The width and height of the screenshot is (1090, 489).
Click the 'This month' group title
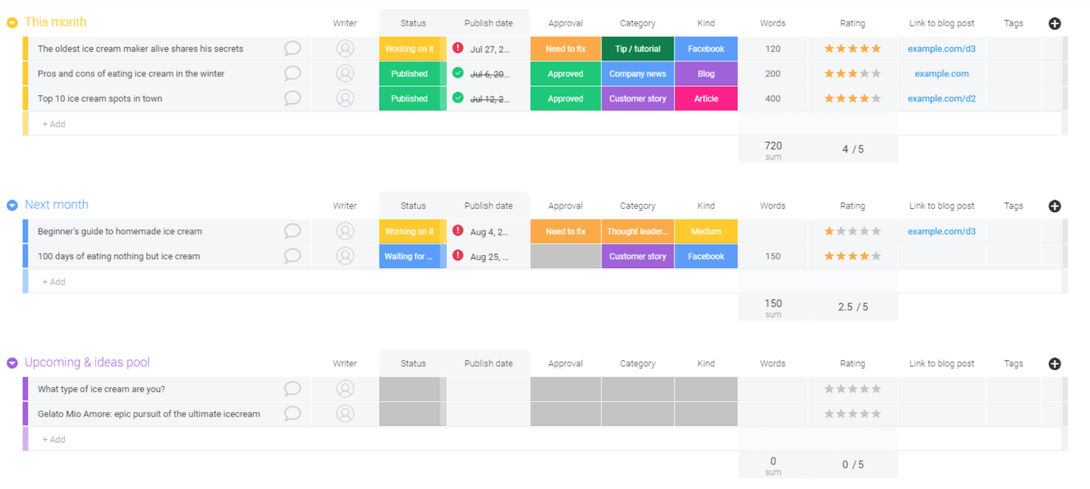click(55, 22)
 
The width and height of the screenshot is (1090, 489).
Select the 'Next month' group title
click(57, 205)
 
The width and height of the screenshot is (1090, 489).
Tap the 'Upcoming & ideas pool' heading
click(87, 362)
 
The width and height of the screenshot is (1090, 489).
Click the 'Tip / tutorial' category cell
click(638, 49)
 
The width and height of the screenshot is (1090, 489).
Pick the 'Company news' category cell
click(638, 74)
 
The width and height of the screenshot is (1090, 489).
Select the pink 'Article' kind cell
click(706, 98)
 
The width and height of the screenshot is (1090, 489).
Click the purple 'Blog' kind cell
click(706, 74)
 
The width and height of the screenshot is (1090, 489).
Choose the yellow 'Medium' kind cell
click(706, 231)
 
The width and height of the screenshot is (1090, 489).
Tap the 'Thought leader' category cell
click(638, 231)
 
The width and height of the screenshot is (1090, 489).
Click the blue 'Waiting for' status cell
click(409, 256)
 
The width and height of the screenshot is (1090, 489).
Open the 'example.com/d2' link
click(941, 98)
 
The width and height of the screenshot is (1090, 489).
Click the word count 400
click(773, 98)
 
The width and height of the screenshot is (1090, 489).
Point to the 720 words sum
click(773, 146)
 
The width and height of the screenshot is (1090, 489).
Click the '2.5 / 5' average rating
click(852, 307)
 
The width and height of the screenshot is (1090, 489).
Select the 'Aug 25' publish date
click(488, 257)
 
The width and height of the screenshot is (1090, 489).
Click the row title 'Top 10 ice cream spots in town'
click(100, 98)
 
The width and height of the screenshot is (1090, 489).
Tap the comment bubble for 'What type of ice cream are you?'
click(292, 389)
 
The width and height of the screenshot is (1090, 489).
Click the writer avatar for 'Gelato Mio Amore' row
click(345, 413)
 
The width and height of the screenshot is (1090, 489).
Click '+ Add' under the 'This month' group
click(54, 124)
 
